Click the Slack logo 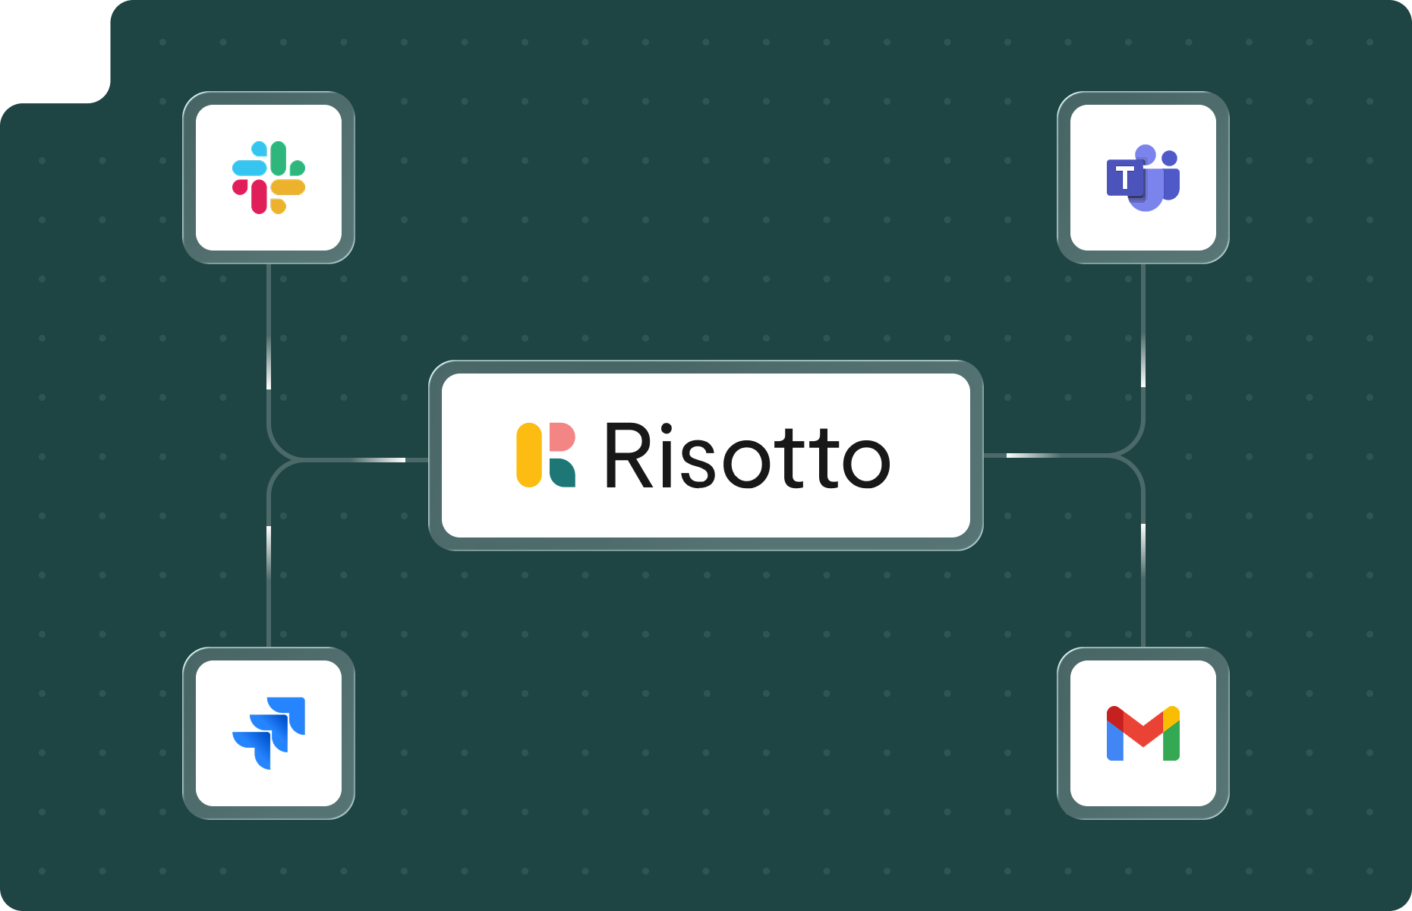[269, 178]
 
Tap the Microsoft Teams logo [1143, 178]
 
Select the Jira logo [269, 733]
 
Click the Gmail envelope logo [1143, 733]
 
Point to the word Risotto [746, 455]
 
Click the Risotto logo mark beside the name [546, 455]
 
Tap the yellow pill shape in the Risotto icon [529, 455]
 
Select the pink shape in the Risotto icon [562, 437]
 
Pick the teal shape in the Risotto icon [561, 473]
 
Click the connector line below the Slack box [269, 334]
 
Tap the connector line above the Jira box [269, 577]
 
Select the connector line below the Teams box [1143, 334]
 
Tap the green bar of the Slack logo [279, 157]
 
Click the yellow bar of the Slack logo [289, 188]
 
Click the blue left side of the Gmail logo [1114, 742]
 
